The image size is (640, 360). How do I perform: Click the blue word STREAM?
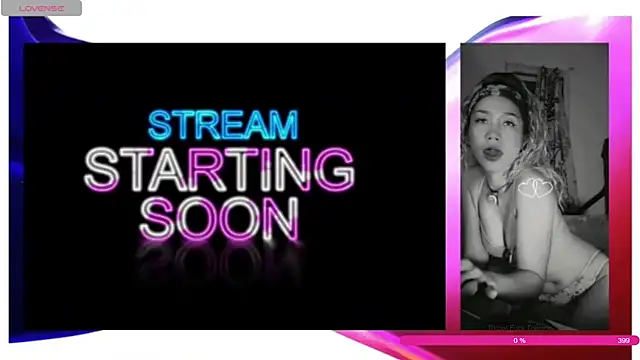(x=223, y=125)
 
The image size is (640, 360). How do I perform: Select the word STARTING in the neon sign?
(x=219, y=170)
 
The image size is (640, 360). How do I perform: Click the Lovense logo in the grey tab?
(x=41, y=8)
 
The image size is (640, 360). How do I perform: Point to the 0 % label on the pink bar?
(x=519, y=341)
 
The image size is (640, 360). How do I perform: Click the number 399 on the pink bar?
(x=623, y=341)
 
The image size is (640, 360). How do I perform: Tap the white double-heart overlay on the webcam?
(x=535, y=187)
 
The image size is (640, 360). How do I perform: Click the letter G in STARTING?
(x=334, y=170)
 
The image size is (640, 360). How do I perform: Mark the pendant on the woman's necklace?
(x=492, y=197)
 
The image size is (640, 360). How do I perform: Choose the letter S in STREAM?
(x=160, y=125)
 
